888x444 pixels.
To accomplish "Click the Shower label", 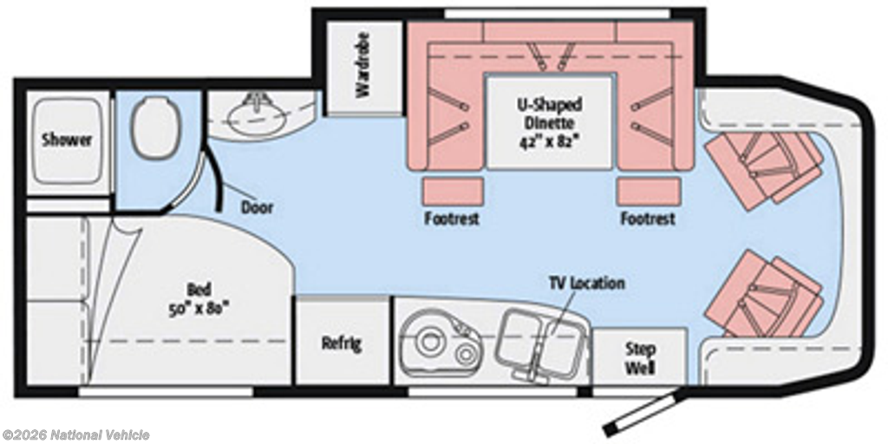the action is pyautogui.click(x=67, y=140).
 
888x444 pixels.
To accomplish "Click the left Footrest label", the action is pyautogui.click(x=452, y=219).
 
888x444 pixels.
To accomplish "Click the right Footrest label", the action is pyautogui.click(x=648, y=219).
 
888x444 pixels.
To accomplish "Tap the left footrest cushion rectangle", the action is pyautogui.click(x=453, y=192).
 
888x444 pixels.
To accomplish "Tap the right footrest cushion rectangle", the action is pyautogui.click(x=649, y=192).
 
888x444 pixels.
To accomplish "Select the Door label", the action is pyautogui.click(x=257, y=207).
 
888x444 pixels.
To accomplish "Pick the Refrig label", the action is pyautogui.click(x=342, y=343).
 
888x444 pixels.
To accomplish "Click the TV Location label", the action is pyautogui.click(x=586, y=283).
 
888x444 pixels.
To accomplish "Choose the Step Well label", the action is pyautogui.click(x=641, y=358).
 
